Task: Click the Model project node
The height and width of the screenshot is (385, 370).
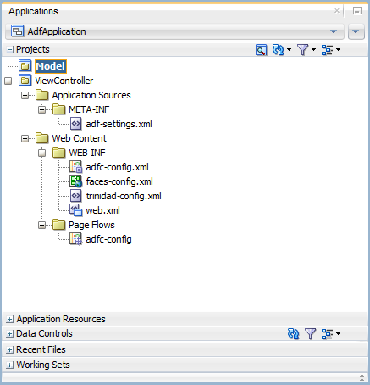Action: tap(51, 66)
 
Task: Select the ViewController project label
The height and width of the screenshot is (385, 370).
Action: tap(64, 81)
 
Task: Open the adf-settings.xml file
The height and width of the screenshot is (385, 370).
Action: tap(119, 124)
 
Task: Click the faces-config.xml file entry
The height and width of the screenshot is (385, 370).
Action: tap(119, 181)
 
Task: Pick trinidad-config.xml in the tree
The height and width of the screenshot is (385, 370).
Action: tap(124, 196)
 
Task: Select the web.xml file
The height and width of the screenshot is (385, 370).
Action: tap(102, 210)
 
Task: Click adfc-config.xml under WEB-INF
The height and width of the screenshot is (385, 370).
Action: tap(117, 167)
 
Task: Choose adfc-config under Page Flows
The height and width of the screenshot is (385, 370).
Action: tap(108, 239)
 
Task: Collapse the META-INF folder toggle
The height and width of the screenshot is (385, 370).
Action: tap(42, 109)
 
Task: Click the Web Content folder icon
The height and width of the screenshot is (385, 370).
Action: tap(42, 138)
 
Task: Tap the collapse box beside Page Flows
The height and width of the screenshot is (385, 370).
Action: tap(42, 225)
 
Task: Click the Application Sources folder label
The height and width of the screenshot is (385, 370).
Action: tap(91, 95)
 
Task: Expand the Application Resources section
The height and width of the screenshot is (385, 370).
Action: tap(9, 320)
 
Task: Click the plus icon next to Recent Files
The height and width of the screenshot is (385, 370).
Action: tap(9, 350)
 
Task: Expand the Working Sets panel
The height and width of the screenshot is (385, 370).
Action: tap(9, 365)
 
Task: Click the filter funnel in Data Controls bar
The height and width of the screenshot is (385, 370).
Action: tap(310, 334)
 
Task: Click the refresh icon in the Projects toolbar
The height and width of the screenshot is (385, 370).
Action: tap(279, 50)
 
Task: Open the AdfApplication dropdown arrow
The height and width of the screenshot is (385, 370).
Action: tap(334, 31)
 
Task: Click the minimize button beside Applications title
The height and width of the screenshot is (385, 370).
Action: tap(357, 11)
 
